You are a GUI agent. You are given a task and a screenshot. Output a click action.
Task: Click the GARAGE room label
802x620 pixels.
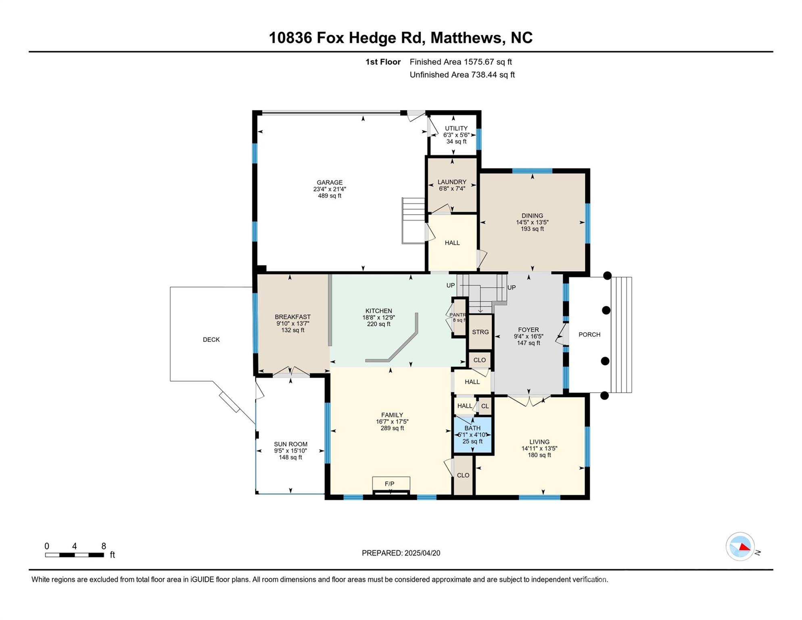click(330, 182)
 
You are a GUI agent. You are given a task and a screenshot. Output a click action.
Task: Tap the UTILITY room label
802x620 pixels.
click(456, 128)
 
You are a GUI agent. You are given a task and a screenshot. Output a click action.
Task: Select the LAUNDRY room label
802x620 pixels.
click(452, 182)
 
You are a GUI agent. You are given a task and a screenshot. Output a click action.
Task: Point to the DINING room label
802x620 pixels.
click(532, 216)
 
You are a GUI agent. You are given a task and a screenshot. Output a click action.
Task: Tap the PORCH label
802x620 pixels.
click(589, 335)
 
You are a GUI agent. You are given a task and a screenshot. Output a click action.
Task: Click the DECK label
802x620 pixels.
click(211, 340)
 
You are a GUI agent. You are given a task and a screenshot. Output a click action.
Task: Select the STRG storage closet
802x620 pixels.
click(480, 332)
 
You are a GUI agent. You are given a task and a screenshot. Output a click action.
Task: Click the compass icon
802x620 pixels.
click(740, 547)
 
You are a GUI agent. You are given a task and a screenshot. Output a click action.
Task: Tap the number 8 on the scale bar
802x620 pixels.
click(104, 546)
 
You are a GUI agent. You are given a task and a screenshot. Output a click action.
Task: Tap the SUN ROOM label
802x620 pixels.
click(290, 444)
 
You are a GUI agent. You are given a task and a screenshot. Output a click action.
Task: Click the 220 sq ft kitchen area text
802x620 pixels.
click(378, 324)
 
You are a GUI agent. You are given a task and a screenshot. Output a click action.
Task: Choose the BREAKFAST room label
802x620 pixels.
click(292, 317)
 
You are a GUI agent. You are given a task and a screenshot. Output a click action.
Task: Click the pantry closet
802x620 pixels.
click(459, 317)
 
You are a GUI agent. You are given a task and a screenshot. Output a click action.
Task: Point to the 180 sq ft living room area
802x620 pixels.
click(539, 455)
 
